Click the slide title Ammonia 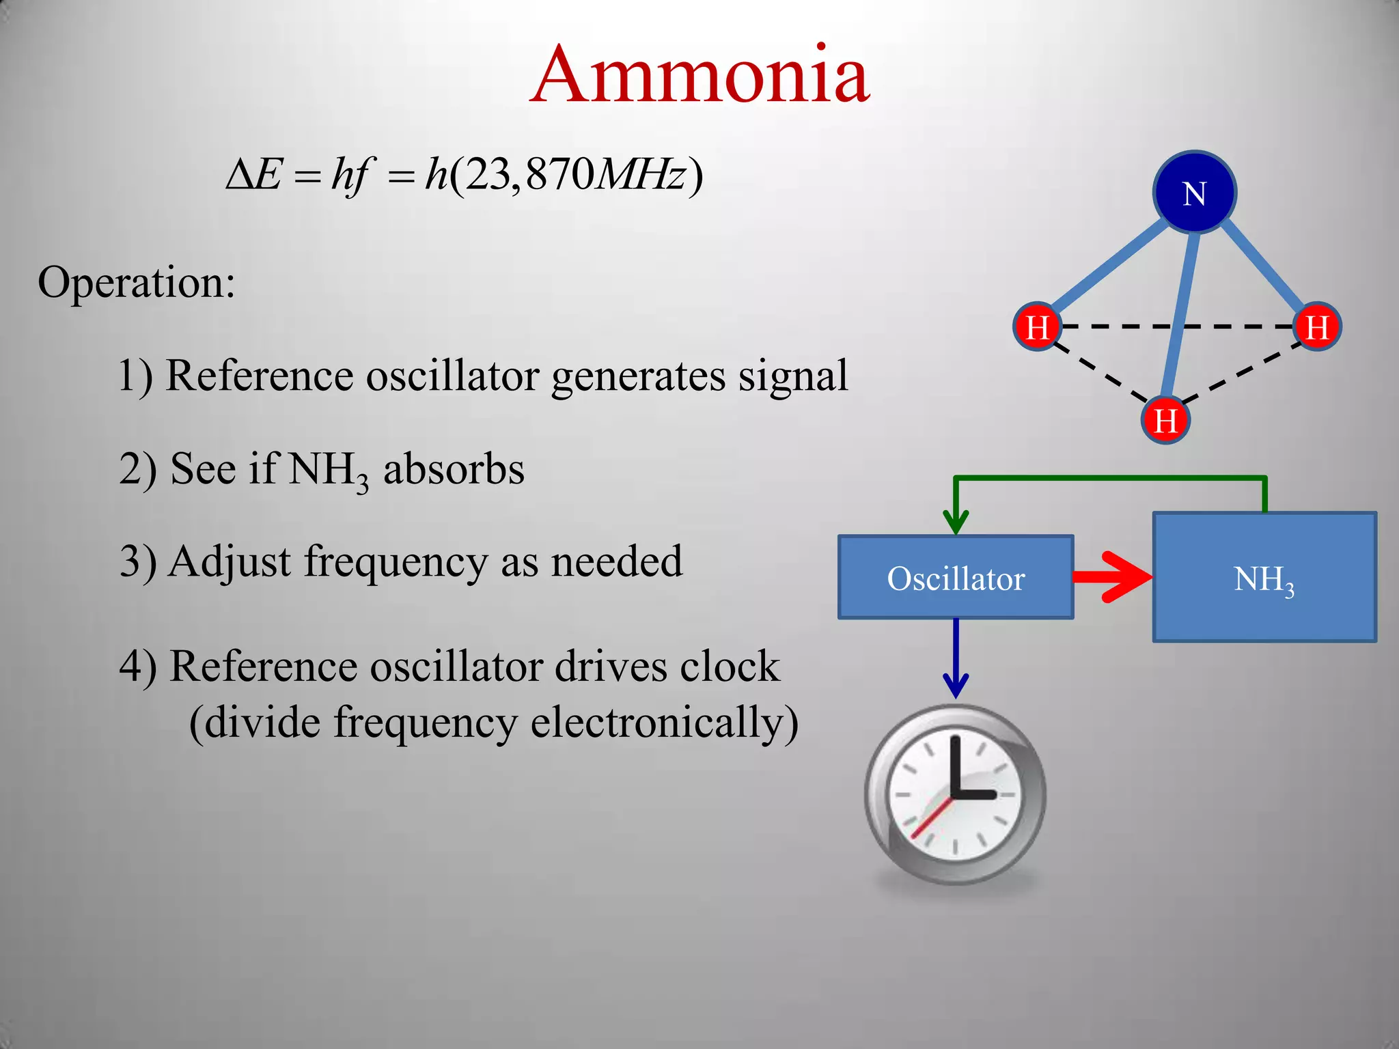pos(699,75)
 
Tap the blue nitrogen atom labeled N pos(1194,193)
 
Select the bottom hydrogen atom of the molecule pos(1165,419)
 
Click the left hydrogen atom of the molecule pos(1037,326)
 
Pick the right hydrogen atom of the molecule pos(1317,326)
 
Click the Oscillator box pos(955,578)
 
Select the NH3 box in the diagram pos(1264,578)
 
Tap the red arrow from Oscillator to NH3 pos(1113,577)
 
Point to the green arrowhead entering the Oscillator pos(956,522)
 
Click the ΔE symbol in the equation pos(253,175)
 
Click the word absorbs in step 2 pos(454,469)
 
